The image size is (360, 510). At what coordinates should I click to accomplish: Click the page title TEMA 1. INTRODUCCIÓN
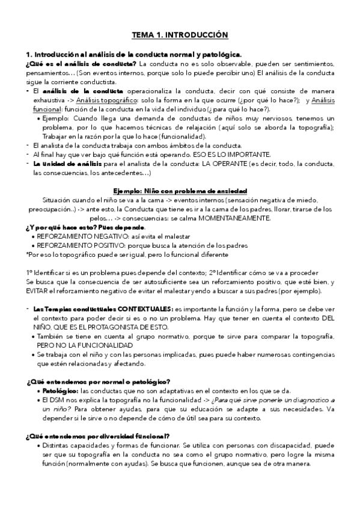(x=180, y=35)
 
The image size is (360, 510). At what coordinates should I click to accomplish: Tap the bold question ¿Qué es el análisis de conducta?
(x=81, y=64)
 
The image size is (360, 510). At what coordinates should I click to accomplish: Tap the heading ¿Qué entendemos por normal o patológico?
(x=98, y=381)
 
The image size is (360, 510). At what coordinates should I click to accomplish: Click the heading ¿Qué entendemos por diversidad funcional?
(x=98, y=435)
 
